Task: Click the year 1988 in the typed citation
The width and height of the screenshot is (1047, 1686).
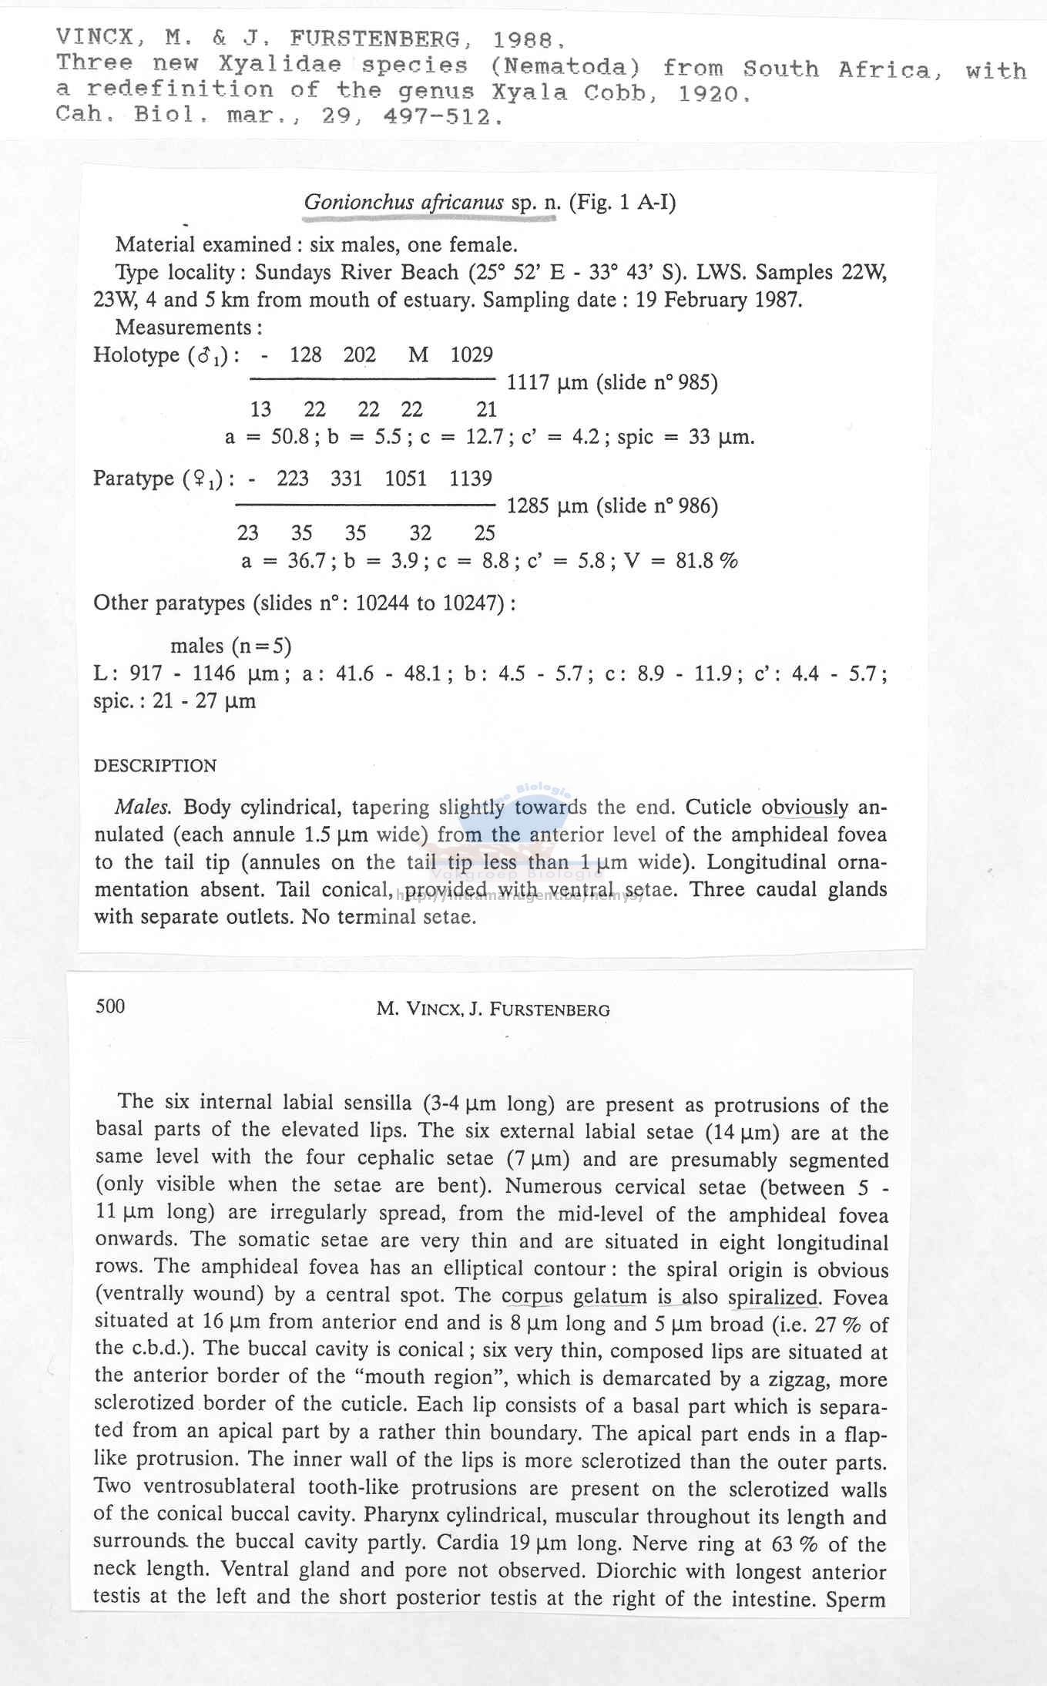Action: (x=522, y=39)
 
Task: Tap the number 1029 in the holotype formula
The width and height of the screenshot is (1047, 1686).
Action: (x=471, y=355)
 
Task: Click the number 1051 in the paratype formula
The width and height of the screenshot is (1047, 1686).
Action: (x=405, y=479)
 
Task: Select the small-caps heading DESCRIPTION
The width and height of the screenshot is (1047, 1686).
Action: (x=155, y=766)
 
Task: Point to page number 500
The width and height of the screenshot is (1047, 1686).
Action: (x=110, y=1006)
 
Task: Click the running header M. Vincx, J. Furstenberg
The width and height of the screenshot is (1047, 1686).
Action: (x=493, y=1009)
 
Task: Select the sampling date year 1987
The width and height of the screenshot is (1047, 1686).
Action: (x=776, y=300)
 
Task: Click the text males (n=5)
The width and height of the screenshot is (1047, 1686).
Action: (x=230, y=646)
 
